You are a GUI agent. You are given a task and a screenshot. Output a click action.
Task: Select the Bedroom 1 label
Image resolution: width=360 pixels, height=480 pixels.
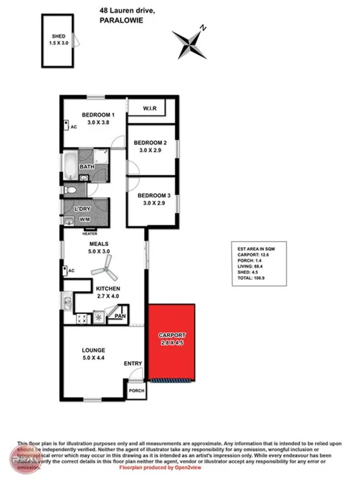pyautogui.click(x=98, y=115)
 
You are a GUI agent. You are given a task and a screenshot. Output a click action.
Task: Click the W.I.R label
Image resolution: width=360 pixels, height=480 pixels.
pyautogui.click(x=151, y=109)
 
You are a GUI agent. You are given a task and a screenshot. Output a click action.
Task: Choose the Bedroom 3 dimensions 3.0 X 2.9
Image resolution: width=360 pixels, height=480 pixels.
pyautogui.click(x=150, y=203)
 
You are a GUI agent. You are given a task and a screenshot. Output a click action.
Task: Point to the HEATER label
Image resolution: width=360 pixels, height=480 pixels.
pyautogui.click(x=90, y=233)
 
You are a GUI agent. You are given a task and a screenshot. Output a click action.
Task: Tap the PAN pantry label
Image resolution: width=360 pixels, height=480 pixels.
pyautogui.click(x=120, y=315)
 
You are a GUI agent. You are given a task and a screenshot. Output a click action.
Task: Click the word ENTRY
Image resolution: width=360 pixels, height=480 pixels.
pyautogui.click(x=132, y=363)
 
